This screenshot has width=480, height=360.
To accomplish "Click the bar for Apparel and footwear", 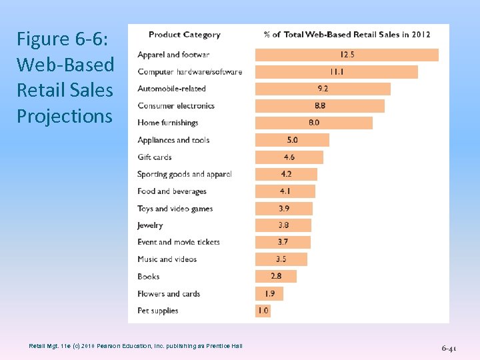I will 347,55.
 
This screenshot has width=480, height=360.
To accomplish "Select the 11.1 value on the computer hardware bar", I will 336,71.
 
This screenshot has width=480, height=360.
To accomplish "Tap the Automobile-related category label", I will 171,89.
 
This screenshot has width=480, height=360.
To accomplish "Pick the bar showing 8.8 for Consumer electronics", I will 320,106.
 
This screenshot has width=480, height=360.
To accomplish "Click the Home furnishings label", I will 168,123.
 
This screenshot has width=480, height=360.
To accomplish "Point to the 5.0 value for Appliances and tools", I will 293,140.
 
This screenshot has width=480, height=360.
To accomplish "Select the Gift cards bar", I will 289,157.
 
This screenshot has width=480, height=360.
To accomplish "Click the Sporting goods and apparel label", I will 184,174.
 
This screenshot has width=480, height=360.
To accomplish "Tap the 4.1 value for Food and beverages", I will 285,191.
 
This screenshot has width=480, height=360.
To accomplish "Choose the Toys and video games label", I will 175,209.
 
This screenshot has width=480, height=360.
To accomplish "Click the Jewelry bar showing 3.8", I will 283,225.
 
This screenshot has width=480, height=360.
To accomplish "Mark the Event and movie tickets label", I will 178,242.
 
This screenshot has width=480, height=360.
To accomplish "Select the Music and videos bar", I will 281,259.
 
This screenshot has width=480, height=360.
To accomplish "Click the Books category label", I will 149,277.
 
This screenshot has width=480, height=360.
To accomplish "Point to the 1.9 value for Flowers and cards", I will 269,293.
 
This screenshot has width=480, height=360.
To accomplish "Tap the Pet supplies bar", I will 263,311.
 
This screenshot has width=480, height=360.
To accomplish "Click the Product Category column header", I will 184,35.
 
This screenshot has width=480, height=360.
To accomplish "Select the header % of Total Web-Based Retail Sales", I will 347,35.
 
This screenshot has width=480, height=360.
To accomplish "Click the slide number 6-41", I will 449,348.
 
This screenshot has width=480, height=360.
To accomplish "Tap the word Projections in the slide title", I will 65,116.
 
